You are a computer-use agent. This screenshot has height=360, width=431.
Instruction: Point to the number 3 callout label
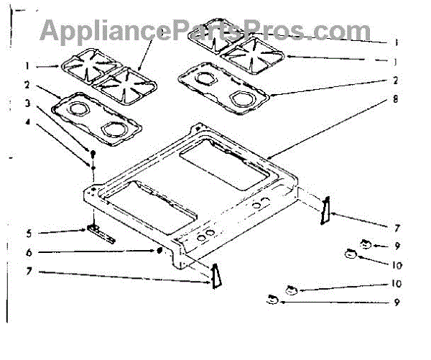pyautogui.click(x=28, y=104)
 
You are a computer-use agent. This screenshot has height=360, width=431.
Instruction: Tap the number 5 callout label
pyautogui.click(x=27, y=232)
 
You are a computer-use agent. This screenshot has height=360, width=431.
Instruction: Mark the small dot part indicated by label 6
pyautogui.click(x=158, y=251)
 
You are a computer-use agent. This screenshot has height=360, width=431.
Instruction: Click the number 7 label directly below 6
pyautogui.click(x=29, y=273)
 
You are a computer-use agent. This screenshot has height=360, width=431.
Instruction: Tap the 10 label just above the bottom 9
pyautogui.click(x=396, y=284)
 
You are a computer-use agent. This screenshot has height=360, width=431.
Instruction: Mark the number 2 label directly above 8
pyautogui.click(x=396, y=80)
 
